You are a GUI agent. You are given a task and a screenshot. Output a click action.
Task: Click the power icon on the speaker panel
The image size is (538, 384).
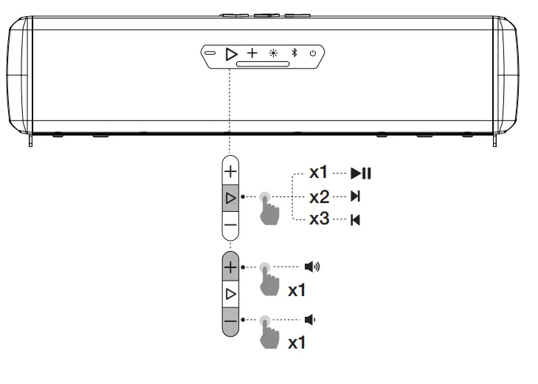pos(313,53)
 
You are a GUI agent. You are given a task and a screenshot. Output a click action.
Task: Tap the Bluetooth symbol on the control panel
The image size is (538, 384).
pos(294,52)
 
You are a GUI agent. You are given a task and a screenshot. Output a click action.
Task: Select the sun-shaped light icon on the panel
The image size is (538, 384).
pos(274,53)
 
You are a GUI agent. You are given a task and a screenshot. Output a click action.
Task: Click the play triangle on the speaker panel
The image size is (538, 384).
pos(231,54)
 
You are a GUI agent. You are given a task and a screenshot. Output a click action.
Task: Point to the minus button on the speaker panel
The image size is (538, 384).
pos(210,53)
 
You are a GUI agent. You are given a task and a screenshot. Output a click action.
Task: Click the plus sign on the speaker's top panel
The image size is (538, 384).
pos(252,53)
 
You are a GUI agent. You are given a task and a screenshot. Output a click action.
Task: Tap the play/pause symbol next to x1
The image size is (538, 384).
pos(361,173)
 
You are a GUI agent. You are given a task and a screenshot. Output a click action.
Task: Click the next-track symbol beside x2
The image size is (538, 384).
pos(356,196)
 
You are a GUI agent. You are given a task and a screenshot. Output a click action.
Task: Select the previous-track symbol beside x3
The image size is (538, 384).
pos(356,220)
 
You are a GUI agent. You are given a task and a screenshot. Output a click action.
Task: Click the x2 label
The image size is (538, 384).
pos(319,197)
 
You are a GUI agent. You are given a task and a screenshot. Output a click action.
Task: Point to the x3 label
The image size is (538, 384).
pos(319,219)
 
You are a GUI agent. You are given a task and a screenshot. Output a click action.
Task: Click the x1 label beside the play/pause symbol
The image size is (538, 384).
pos(318,172)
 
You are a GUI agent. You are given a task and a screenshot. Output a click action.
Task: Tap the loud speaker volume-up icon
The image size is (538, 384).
pos(312,267)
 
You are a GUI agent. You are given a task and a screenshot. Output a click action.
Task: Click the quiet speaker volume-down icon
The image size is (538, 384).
pos(310,320)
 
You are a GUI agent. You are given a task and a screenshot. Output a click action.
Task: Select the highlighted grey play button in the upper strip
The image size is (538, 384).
pos(230,198)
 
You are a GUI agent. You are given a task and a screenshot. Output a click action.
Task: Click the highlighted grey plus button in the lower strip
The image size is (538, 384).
pos(230,266)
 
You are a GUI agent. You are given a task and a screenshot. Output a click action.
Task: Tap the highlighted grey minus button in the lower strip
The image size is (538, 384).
pos(230,322)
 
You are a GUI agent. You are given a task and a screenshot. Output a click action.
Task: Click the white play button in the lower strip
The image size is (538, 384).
pos(230,294)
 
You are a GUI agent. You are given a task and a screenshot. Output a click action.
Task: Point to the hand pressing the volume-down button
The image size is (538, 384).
pos(269,332)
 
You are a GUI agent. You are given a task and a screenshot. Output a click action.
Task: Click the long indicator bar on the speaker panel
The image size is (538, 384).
pos(263,64)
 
